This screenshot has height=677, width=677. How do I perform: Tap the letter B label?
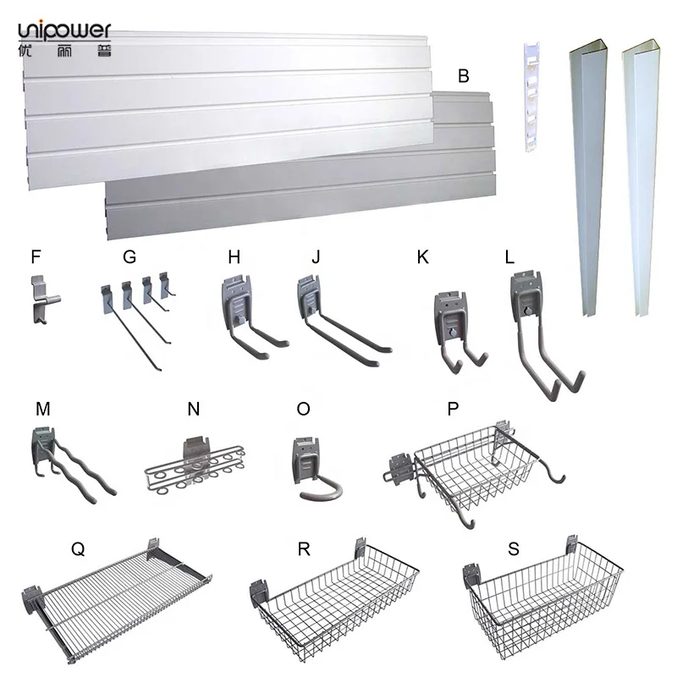click(463, 75)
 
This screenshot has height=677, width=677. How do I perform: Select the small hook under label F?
click(41, 298)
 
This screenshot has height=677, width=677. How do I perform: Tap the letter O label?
click(303, 409)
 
